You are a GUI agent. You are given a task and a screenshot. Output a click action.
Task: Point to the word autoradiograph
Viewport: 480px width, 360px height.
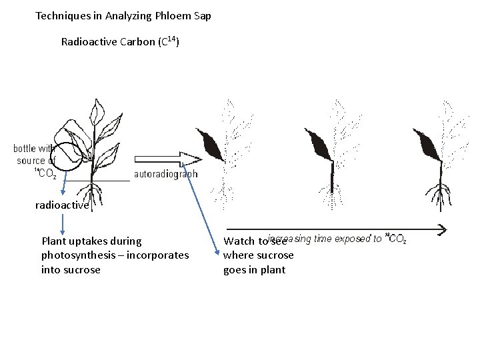point(166,175)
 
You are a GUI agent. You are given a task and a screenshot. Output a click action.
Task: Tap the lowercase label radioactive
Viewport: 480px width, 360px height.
point(62,205)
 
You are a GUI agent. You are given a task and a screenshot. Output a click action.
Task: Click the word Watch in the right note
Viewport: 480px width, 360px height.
point(238,241)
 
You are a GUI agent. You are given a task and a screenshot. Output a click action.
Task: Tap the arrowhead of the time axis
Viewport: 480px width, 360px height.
point(441,229)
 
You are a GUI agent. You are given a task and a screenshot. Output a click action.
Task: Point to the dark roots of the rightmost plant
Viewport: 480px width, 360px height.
point(440,195)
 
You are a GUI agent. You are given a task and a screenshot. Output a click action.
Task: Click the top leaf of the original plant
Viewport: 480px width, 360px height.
point(98,109)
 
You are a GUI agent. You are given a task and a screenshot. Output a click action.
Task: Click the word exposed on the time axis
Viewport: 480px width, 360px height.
point(351,238)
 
